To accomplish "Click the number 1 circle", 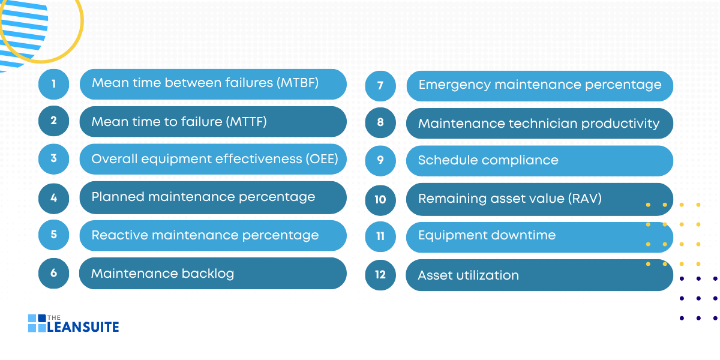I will click(53, 84).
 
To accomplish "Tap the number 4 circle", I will click(53, 197).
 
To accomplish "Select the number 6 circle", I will click(53, 272).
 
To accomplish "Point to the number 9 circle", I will click(380, 161).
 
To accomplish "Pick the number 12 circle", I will click(380, 275).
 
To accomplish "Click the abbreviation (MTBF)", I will click(298, 83).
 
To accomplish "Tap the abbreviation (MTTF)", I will click(246, 122).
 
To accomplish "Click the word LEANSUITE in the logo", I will click(83, 327).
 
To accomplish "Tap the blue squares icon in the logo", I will click(37, 323).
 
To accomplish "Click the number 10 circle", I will click(380, 199).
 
